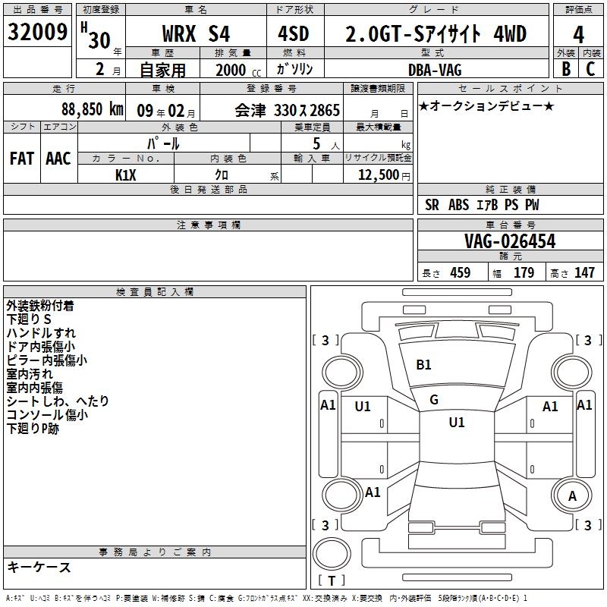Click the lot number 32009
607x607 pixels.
click(x=37, y=32)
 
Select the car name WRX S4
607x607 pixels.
click(x=196, y=33)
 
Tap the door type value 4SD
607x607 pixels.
click(x=294, y=33)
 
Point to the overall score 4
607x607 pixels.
click(x=578, y=35)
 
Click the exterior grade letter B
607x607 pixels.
click(x=566, y=69)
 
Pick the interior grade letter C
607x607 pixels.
click(x=590, y=69)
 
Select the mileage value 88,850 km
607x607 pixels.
click(x=93, y=109)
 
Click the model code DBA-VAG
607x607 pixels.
click(x=435, y=70)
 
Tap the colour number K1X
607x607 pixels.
click(x=126, y=175)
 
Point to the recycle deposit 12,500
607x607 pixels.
click(x=378, y=175)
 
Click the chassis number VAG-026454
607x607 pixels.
click(x=510, y=241)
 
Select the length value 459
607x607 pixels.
click(x=461, y=272)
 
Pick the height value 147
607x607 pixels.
click(x=584, y=272)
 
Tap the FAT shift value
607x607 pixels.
click(x=22, y=159)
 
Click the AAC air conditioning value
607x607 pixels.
click(x=58, y=159)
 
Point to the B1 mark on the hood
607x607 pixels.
click(x=423, y=365)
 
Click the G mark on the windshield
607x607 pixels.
click(x=434, y=400)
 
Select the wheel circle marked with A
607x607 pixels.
click(x=572, y=496)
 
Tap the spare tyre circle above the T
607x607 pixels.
click(x=332, y=554)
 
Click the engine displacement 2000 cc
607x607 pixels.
click(x=238, y=70)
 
